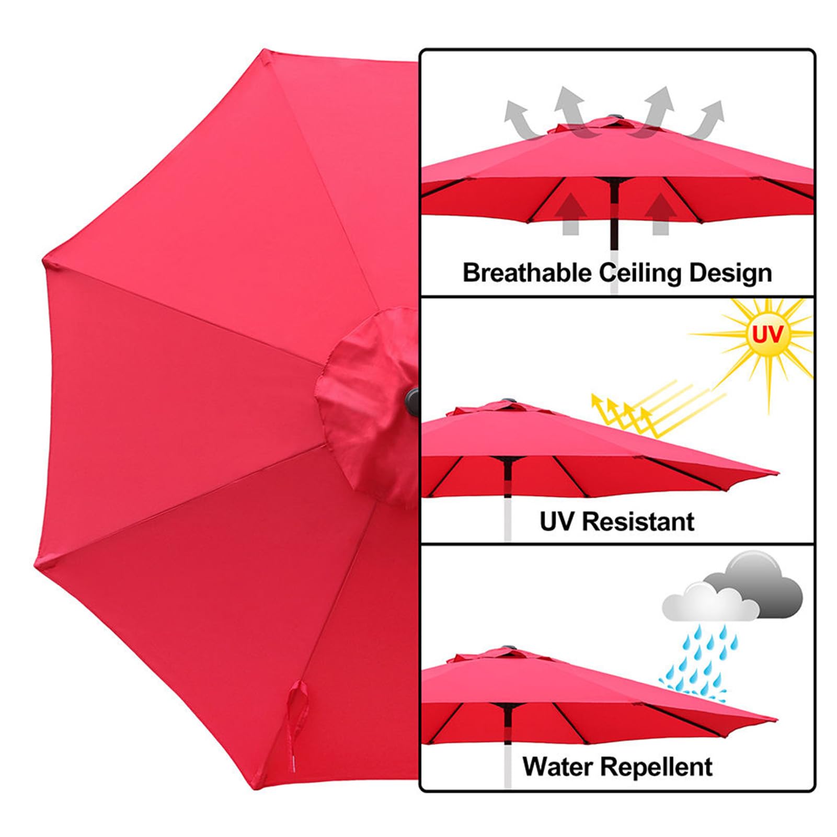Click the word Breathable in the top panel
(x=527, y=272)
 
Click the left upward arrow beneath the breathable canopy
(x=571, y=213)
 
